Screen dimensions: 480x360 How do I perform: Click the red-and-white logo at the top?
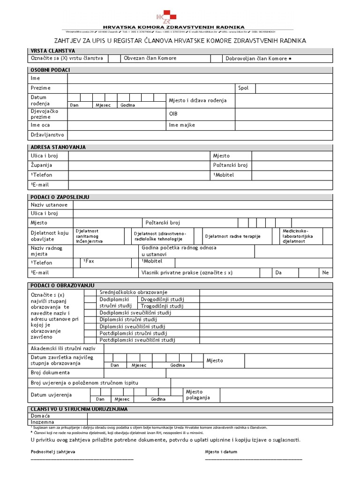tap(170, 17)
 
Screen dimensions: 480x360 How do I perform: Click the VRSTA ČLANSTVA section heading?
tap(52, 51)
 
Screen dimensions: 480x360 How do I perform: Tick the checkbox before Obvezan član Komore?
tap(114, 59)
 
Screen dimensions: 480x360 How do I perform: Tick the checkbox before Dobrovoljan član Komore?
tap(216, 59)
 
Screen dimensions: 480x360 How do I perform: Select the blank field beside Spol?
tap(293, 88)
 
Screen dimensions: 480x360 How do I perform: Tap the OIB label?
tap(173, 114)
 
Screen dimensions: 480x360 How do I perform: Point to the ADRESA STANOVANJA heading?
tap(58, 147)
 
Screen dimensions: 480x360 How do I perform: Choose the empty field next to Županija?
tap(138, 165)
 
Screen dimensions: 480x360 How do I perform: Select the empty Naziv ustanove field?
tap(202, 205)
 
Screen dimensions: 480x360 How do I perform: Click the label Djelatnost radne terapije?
tap(232, 236)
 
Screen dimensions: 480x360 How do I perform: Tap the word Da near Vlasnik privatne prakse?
tap(278, 272)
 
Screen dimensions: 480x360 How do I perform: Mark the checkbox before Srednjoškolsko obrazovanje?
tap(90, 292)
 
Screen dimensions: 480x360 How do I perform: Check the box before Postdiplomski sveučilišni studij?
tap(90, 340)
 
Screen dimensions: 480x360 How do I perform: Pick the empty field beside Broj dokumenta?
tap(249, 373)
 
